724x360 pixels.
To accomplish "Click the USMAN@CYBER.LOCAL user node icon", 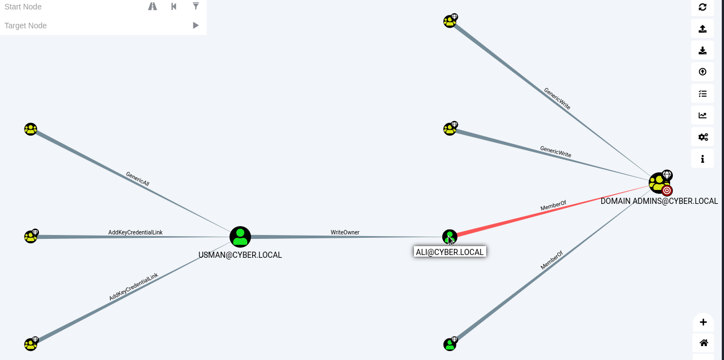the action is pos(240,237).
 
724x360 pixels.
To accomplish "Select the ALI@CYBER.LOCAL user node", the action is pos(450,237).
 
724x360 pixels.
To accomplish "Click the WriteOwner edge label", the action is pos(345,232).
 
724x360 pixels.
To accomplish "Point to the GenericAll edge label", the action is pos(137,178).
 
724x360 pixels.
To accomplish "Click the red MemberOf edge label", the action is pos(553,206).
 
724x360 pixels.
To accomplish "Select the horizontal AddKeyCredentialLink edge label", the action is pos(136,232).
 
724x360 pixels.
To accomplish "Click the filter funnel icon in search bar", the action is pos(196,6).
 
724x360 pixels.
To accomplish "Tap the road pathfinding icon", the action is pos(152,6).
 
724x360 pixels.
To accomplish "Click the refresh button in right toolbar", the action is pos(702,7).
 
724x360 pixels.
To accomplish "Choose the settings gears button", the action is pos(702,137).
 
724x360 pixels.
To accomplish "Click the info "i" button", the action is pos(702,158).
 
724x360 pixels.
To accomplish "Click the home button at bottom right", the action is pos(703,343).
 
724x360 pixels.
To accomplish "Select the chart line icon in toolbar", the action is pos(702,115).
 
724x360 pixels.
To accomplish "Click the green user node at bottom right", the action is pos(450,344).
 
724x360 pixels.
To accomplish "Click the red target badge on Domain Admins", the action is pos(667,191).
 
